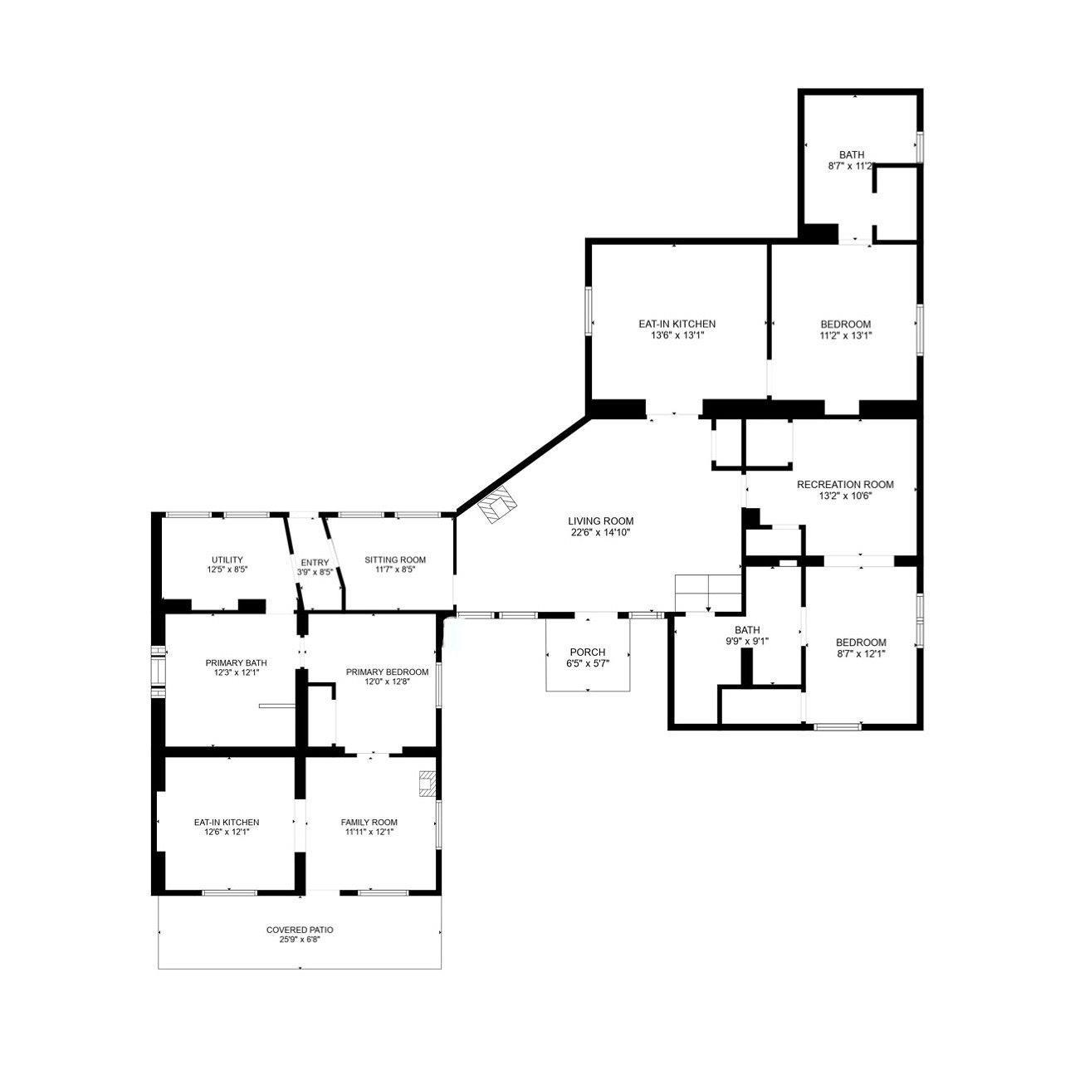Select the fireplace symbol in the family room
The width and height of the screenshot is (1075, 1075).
428,784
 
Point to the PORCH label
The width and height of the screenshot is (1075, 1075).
587,652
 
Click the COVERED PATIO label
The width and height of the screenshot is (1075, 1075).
300,931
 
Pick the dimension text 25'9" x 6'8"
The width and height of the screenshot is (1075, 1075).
300,941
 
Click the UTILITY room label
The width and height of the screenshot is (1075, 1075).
226,559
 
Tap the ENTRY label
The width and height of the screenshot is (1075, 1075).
315,562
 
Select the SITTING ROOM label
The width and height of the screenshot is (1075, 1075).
395,559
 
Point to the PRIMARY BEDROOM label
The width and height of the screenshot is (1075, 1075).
387,672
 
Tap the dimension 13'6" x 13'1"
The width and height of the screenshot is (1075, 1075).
677,335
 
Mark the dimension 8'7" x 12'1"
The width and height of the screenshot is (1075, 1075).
861,653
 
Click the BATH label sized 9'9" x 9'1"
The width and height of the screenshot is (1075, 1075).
747,630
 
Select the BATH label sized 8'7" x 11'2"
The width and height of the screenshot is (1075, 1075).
852,155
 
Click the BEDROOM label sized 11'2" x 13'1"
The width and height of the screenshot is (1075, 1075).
846,324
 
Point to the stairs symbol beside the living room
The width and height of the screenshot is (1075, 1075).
707,592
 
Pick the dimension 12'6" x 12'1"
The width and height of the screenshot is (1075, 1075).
227,832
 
